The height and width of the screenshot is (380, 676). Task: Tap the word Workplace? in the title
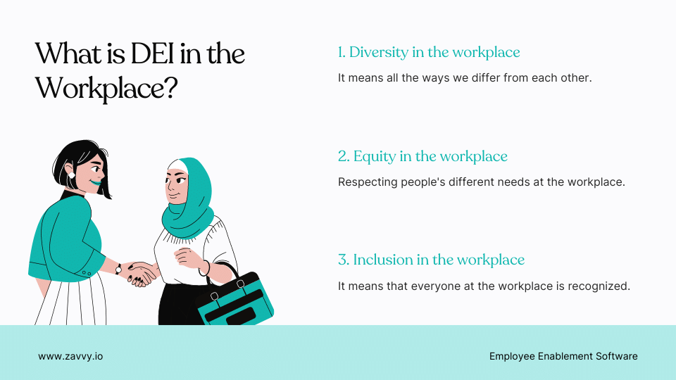(106, 88)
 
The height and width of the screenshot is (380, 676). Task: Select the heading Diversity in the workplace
(429, 52)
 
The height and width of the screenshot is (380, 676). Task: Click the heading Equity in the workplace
(423, 156)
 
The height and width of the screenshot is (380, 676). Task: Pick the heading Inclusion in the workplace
(431, 260)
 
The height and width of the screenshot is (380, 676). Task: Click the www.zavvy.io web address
(70, 356)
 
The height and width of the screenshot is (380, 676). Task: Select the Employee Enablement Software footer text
(563, 356)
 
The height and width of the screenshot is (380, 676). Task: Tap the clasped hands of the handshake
(143, 272)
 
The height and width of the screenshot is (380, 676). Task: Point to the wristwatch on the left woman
(118, 268)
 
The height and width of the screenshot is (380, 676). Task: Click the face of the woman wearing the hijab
(177, 187)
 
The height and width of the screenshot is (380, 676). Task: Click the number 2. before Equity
(344, 156)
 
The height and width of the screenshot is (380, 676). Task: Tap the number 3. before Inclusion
(344, 260)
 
